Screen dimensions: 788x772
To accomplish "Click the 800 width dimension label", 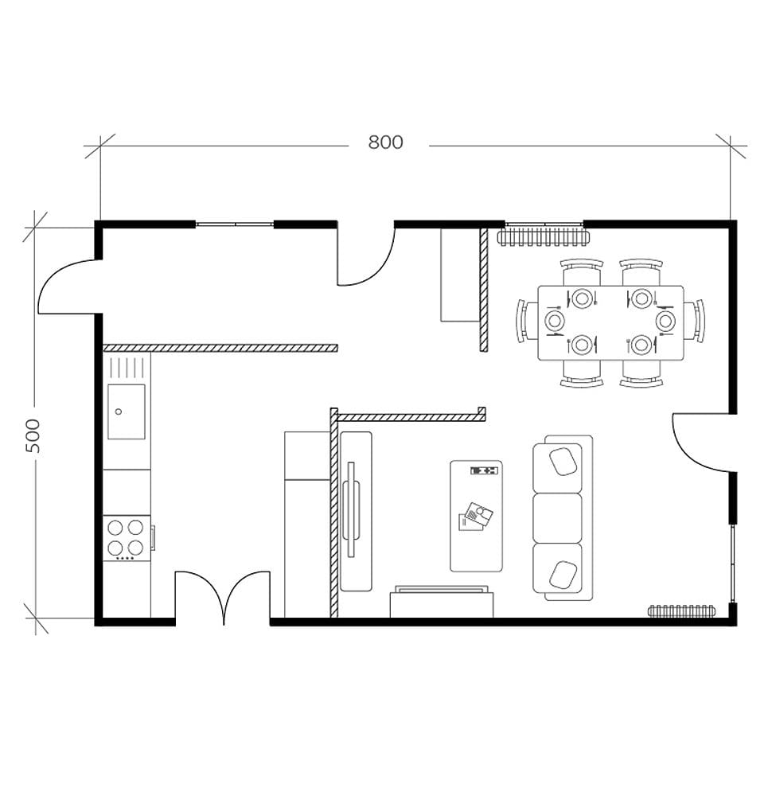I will [385, 142].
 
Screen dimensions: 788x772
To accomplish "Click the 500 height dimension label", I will [33, 435].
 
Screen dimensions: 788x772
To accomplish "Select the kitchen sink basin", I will [127, 412].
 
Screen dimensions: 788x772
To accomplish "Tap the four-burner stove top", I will [126, 537].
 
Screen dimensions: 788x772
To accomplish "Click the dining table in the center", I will [610, 322].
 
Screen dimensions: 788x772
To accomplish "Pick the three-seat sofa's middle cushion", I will [557, 517].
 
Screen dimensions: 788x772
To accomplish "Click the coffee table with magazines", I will [476, 516].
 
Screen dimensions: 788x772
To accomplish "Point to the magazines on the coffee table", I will [475, 517].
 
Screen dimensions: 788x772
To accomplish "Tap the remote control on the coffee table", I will [484, 471].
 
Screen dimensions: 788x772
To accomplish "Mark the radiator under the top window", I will [545, 236].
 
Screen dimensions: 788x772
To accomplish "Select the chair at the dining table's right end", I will [698, 321].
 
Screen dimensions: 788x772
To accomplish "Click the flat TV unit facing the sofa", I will [355, 511].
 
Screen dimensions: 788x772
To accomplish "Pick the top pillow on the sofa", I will [563, 461].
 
